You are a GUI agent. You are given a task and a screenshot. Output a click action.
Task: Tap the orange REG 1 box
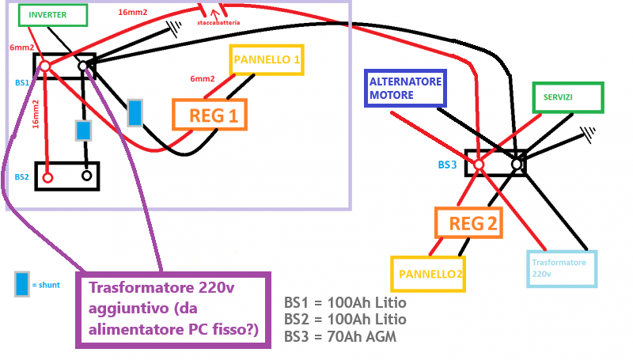(209, 115)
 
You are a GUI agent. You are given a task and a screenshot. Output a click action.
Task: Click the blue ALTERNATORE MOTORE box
(406, 89)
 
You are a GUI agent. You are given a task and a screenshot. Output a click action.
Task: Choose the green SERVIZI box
(567, 97)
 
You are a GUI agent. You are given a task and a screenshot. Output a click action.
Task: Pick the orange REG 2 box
(469, 224)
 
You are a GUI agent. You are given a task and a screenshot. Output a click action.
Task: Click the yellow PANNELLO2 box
(427, 274)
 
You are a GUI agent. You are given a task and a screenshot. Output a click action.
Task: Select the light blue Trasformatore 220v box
(562, 268)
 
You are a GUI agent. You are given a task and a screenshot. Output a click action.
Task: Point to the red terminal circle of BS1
(45, 66)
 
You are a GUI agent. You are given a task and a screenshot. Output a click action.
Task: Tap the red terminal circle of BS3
(478, 165)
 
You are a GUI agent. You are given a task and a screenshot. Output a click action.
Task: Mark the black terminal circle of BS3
(517, 164)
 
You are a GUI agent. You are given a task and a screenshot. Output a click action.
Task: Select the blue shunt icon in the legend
(22, 283)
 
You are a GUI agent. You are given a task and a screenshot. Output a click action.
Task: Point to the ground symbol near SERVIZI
(587, 132)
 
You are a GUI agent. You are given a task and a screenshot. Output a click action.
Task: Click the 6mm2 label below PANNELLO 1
(203, 79)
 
